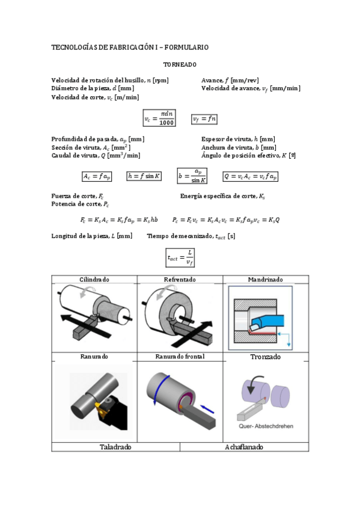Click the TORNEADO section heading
click(180, 64)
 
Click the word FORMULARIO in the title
click(186, 47)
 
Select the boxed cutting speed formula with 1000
click(159, 118)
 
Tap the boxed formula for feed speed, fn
click(204, 119)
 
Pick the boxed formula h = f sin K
click(144, 176)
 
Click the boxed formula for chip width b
click(192, 176)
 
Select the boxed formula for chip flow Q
click(250, 176)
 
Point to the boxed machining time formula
click(180, 257)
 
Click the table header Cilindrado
click(94, 280)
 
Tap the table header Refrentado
click(180, 280)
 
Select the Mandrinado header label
click(266, 280)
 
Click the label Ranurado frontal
click(180, 357)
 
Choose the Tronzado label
click(266, 357)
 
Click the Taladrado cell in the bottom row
click(115, 447)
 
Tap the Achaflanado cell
click(244, 447)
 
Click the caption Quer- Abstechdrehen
click(266, 426)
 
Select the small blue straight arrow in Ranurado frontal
click(207, 409)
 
